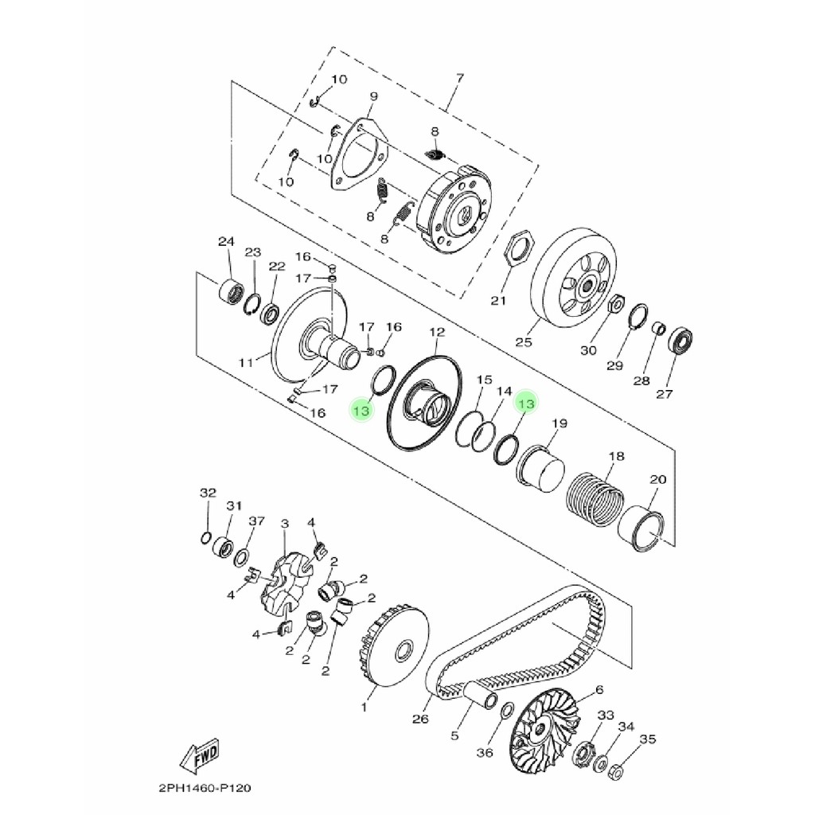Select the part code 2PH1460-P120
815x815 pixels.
(205, 790)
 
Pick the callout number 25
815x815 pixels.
(522, 342)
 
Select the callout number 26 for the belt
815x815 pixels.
(420, 719)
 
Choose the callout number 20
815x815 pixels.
(657, 479)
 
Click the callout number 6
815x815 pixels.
(599, 689)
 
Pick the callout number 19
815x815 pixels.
(560, 423)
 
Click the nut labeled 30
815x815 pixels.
(614, 305)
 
